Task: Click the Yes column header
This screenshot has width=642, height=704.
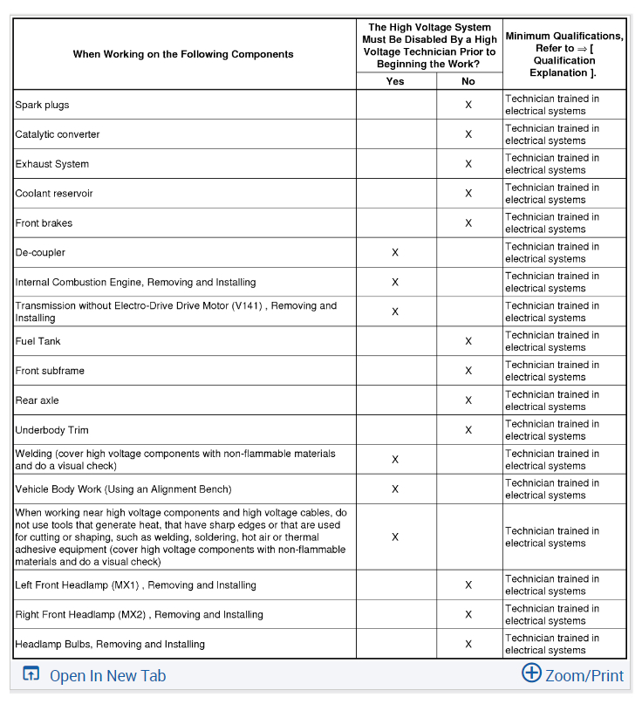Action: [x=395, y=81]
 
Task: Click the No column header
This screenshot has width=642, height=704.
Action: [x=468, y=81]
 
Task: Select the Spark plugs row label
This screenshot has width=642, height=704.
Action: [x=42, y=106]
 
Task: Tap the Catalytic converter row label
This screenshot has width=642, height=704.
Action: [x=58, y=135]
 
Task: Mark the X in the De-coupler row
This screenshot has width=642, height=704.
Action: [x=395, y=253]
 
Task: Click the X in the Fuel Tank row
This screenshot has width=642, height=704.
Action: [x=468, y=342]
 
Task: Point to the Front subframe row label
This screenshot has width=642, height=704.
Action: [x=50, y=372]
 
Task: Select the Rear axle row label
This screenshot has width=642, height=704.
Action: [x=38, y=401]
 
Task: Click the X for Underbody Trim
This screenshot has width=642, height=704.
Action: [x=468, y=430]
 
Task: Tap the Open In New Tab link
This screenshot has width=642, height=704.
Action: [x=106, y=675]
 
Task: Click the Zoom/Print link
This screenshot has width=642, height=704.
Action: [x=584, y=675]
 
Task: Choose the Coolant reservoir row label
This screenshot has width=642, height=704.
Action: [x=54, y=194]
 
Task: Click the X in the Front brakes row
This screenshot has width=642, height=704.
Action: [x=468, y=223]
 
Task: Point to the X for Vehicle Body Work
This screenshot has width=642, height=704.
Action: [x=395, y=489]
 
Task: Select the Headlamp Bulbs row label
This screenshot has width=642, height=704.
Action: [x=110, y=645]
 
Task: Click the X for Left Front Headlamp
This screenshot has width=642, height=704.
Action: [x=468, y=585]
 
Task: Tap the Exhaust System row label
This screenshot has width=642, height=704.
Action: [x=52, y=165]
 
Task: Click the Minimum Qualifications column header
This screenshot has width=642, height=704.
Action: [x=563, y=54]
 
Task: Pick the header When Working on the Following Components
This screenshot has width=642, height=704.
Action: [x=183, y=54]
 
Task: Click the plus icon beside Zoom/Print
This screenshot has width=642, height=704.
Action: [x=531, y=673]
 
